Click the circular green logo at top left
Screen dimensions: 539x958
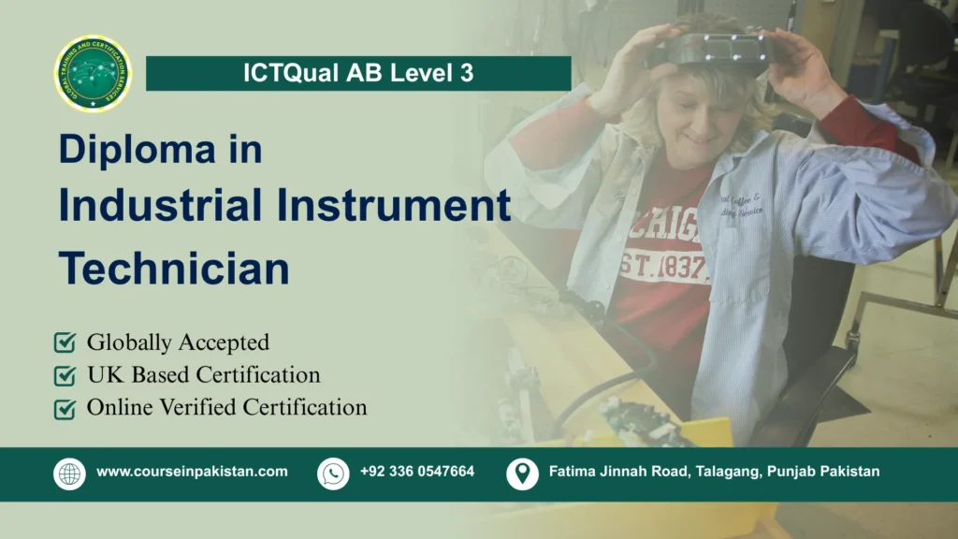tap(93, 74)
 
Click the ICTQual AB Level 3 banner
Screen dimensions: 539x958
tap(358, 74)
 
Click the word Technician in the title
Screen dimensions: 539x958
tap(174, 268)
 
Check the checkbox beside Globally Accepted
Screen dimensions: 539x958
tap(65, 342)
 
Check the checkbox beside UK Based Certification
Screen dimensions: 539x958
tap(65, 375)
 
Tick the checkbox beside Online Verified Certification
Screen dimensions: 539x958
tap(65, 408)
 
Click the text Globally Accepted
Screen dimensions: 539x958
tap(178, 342)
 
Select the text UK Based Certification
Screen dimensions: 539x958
tap(203, 375)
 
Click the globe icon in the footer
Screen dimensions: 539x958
tap(69, 473)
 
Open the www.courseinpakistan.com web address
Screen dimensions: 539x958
tap(192, 472)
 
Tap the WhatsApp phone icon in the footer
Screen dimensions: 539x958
tap(333, 473)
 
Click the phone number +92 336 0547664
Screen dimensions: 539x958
tap(416, 472)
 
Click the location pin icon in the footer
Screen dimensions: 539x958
tap(522, 473)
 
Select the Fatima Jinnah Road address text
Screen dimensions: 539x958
tap(714, 472)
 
